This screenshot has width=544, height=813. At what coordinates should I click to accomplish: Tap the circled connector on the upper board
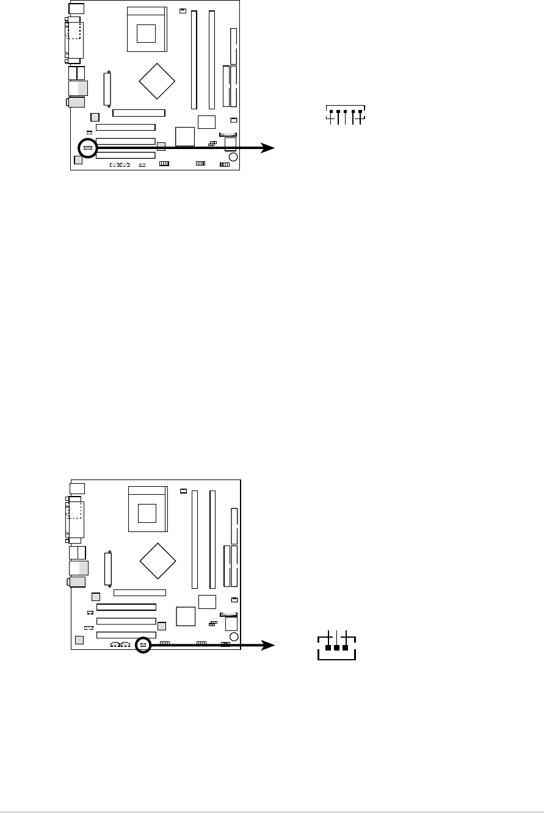88,147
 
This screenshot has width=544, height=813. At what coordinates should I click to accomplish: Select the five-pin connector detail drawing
346,115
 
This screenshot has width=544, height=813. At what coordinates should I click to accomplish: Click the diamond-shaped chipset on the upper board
157,80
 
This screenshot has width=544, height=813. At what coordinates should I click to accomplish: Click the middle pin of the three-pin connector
337,647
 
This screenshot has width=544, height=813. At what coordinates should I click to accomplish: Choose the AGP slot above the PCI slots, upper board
139,113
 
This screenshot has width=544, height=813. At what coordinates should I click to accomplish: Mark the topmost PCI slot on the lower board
126,608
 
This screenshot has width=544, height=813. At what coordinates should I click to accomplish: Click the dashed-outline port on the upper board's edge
74,30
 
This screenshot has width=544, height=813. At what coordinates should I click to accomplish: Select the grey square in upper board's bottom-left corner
78,160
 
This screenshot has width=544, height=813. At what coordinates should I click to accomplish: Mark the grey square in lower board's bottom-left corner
78,640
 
